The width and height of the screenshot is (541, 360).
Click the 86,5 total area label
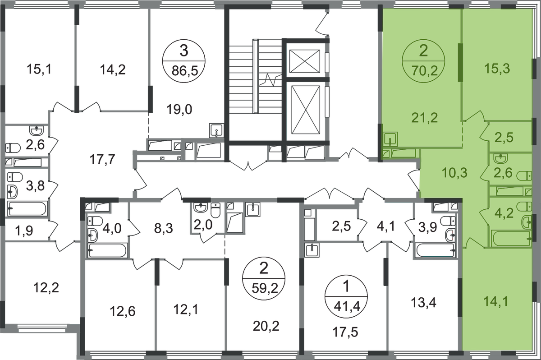pyautogui.click(x=185, y=71)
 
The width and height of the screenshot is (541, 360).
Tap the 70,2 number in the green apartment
pyautogui.click(x=424, y=71)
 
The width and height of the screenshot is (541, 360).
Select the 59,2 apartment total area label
pyautogui.click(x=265, y=288)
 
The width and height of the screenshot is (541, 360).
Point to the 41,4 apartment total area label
pyautogui.click(x=347, y=306)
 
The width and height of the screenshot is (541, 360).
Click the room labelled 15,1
pyautogui.click(x=39, y=69)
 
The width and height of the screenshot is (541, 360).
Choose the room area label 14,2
pyautogui.click(x=113, y=70)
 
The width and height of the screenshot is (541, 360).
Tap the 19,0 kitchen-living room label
pyautogui.click(x=179, y=110)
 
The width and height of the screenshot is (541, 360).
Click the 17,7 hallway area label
pyautogui.click(x=102, y=159)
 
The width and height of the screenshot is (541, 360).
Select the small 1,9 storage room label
pyautogui.click(x=24, y=231)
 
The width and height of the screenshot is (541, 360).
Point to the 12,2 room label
pyautogui.click(x=46, y=288)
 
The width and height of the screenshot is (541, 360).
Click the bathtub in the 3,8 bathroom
pyautogui.click(x=27, y=208)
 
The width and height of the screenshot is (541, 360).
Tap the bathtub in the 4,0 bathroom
pyautogui.click(x=107, y=250)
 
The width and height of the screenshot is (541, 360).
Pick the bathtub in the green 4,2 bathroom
pyautogui.click(x=511, y=238)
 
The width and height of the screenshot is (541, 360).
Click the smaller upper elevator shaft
pyautogui.click(x=305, y=61)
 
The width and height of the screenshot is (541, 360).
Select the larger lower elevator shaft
pyautogui.click(x=306, y=110)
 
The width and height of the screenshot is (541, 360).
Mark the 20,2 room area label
pyautogui.click(x=266, y=326)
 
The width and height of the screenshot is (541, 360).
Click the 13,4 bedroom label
pyautogui.click(x=424, y=303)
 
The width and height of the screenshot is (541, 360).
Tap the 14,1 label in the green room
pyautogui.click(x=496, y=301)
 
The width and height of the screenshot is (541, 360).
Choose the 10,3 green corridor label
pyautogui.click(x=455, y=173)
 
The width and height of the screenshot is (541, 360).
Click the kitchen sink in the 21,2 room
pyautogui.click(x=390, y=139)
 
